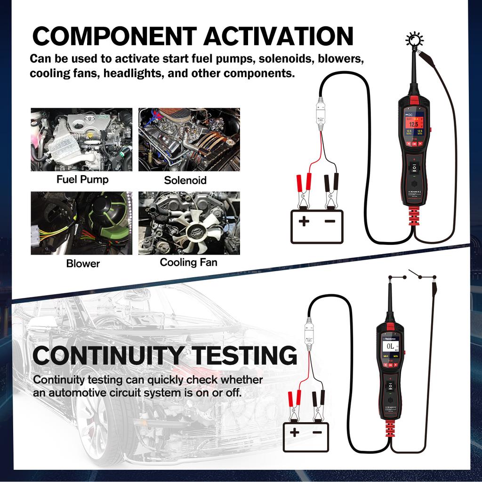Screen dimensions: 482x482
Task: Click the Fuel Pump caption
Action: [x=82, y=179]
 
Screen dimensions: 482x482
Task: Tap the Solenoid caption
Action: [x=185, y=180]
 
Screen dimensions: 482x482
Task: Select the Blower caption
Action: [x=83, y=264]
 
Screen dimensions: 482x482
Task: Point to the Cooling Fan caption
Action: [x=188, y=262]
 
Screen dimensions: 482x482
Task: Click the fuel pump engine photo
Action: [x=81, y=140]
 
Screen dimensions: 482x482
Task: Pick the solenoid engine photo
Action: [x=189, y=140]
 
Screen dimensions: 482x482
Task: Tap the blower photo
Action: [x=81, y=223]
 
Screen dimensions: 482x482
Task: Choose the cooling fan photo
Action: [x=189, y=223]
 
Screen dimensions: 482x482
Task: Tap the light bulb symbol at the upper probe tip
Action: [x=414, y=40]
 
